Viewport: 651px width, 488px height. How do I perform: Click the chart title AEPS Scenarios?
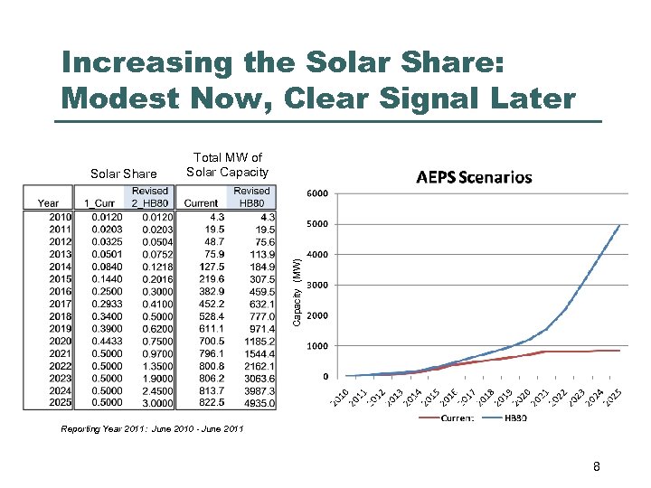coord(474,177)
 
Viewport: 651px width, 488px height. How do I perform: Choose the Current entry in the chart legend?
coord(458,418)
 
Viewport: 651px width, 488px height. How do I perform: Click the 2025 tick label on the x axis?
coord(614,395)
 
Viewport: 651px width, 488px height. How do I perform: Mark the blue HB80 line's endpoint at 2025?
coord(620,225)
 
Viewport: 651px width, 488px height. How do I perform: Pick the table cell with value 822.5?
coord(203,402)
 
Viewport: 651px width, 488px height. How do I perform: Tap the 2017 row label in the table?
coord(61,305)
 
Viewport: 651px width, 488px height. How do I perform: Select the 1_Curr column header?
coord(99,203)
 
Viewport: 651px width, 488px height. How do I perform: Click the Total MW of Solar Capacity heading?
coord(227,165)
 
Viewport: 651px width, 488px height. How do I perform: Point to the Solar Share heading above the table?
coord(123,173)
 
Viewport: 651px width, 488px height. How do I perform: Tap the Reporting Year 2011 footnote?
coord(152,427)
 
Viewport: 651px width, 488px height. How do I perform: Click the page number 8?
coord(596,467)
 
